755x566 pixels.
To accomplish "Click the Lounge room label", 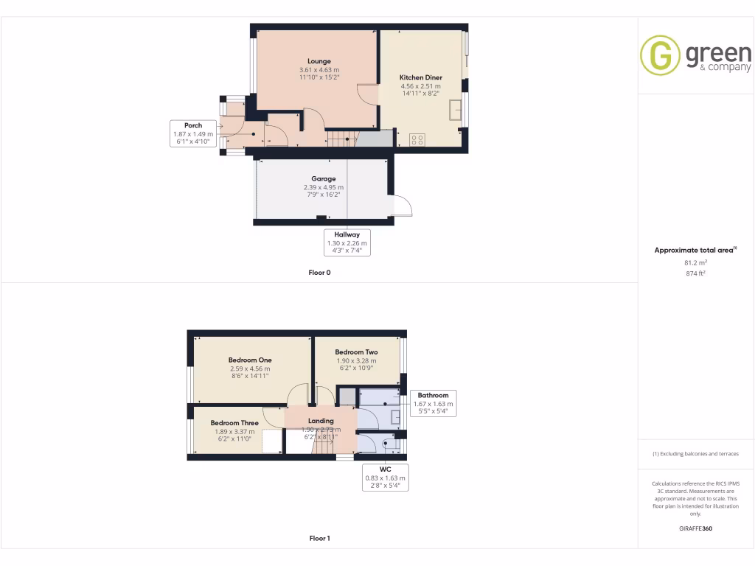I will point(319,61).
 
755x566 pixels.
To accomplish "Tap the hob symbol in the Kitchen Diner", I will point(417,138).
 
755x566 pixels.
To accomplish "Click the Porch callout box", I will point(193,134).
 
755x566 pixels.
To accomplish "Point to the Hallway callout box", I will point(347,242).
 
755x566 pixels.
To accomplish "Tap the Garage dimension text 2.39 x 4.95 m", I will point(323,187).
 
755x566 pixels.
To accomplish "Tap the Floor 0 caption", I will point(319,272).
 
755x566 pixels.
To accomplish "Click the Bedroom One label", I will point(250,360).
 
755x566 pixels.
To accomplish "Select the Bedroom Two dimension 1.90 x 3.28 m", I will point(356,360).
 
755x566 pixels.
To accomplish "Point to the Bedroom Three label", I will point(234,423).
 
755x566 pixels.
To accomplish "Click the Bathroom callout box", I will point(433,404).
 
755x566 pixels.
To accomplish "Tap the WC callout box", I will point(385,478).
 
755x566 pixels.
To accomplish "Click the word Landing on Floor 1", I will point(321,421).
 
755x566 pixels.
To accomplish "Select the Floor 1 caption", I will point(319,538).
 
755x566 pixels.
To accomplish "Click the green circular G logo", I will point(659,55).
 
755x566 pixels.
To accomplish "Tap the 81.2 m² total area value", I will point(695,262).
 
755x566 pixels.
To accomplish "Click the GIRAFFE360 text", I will point(695,528).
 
